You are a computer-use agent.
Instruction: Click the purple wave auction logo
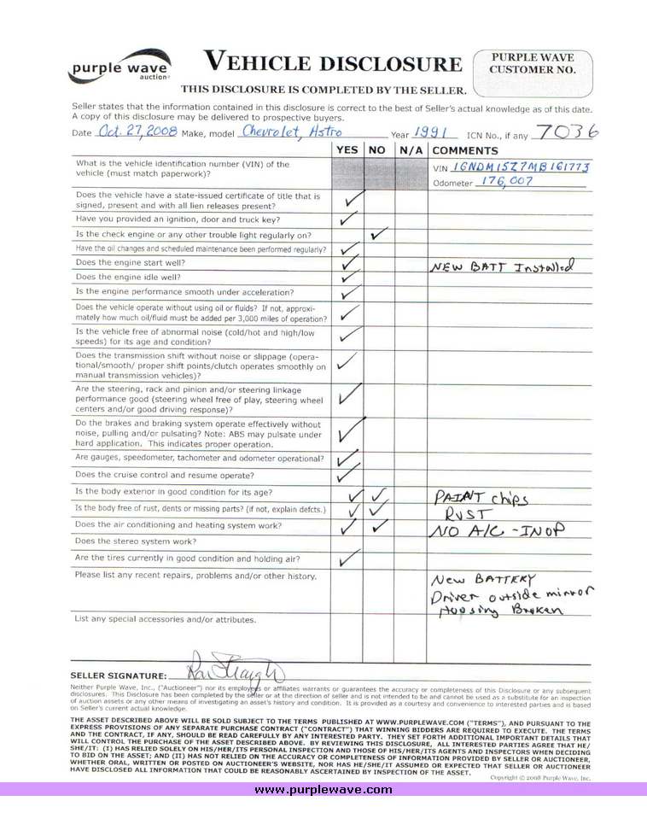[119, 66]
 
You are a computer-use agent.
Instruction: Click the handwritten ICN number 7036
[568, 131]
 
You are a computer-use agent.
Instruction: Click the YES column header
[347, 150]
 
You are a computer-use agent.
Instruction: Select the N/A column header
[411, 150]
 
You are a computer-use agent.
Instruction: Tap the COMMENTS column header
[465, 150]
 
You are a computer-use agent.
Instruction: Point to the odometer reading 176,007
[504, 182]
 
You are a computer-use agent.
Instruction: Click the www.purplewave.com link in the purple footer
[323, 790]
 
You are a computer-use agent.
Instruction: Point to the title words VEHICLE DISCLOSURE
[332, 62]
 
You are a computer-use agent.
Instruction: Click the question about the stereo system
[131, 541]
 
